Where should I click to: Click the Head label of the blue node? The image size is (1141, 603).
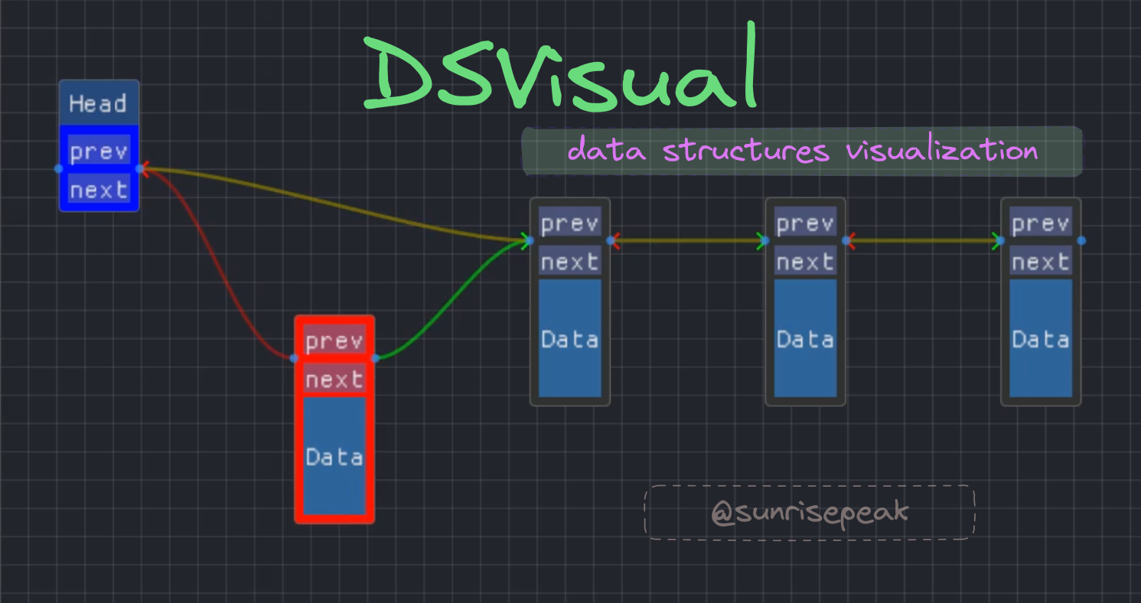click(x=98, y=103)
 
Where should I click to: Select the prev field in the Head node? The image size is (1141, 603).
click(x=99, y=152)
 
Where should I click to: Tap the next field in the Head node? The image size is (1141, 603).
click(x=99, y=189)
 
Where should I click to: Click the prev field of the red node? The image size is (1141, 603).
click(x=334, y=341)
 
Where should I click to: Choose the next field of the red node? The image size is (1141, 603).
click(x=334, y=380)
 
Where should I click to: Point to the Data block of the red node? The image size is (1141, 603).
click(x=334, y=457)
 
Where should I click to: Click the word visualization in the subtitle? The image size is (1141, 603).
click(x=941, y=151)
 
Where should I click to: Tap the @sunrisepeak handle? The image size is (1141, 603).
click(x=810, y=512)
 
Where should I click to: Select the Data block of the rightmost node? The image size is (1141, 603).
click(x=1041, y=339)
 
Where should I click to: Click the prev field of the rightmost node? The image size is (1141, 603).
click(x=1041, y=223)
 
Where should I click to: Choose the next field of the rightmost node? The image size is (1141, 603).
click(x=1041, y=262)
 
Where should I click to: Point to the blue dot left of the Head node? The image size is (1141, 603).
click(x=59, y=168)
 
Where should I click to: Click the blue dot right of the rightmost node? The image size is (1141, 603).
click(x=1081, y=240)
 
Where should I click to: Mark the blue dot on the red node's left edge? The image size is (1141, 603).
click(x=294, y=357)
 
